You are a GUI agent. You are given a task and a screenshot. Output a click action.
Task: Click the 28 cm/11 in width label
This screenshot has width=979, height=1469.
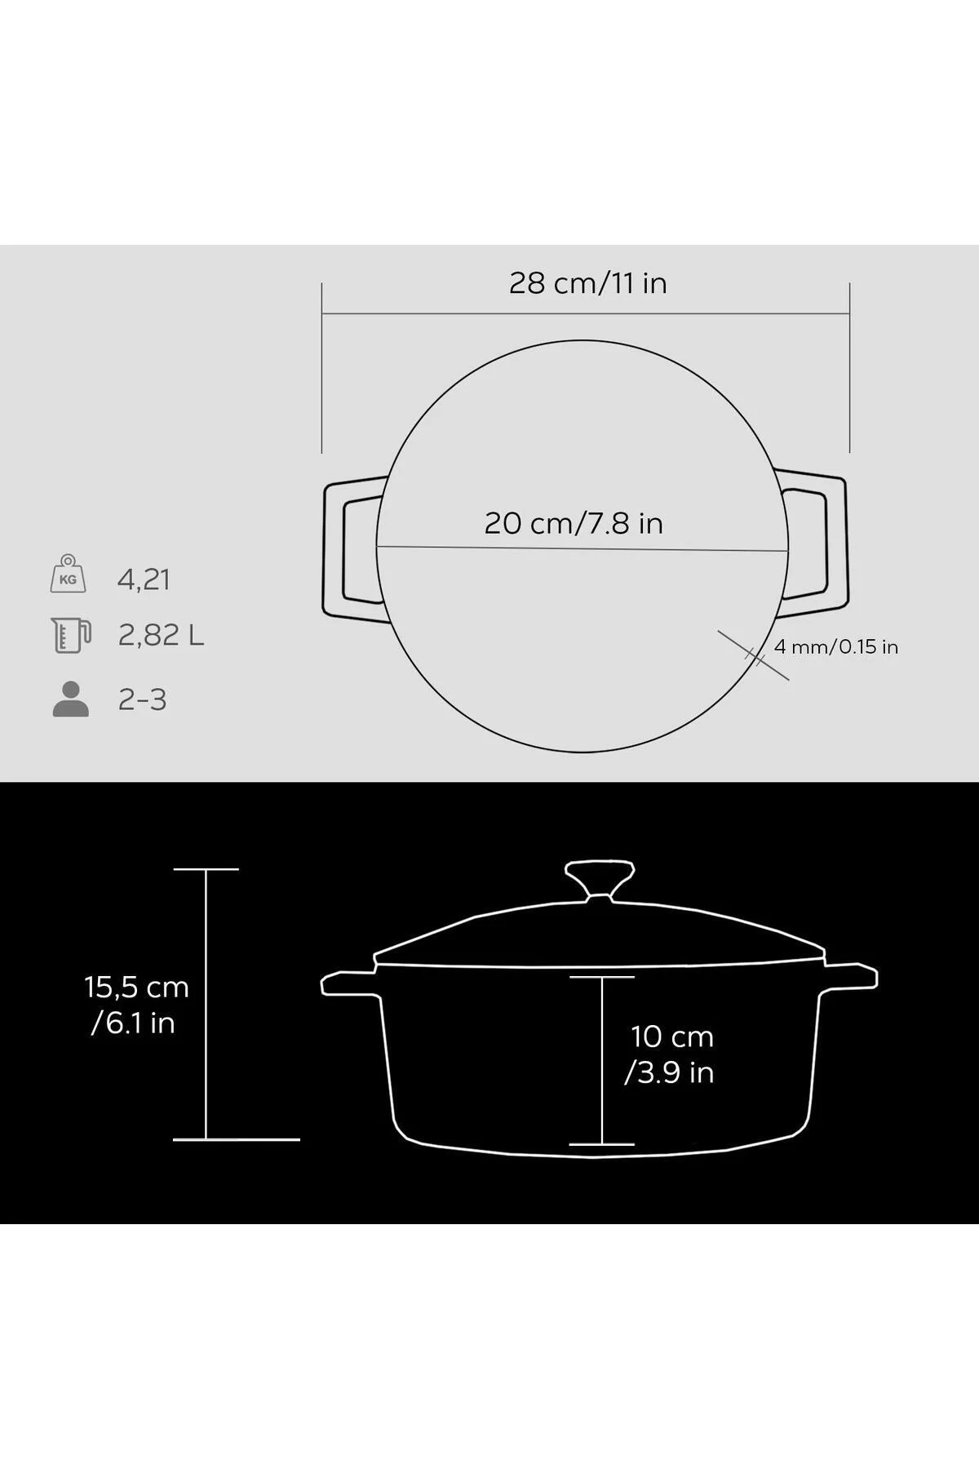tap(587, 283)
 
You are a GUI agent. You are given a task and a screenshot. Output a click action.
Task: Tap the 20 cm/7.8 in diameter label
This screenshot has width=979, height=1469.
tap(574, 523)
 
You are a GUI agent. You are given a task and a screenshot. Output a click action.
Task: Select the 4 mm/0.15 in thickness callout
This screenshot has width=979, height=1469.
tap(836, 647)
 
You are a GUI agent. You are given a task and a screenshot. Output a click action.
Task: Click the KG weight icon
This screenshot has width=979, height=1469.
tap(69, 574)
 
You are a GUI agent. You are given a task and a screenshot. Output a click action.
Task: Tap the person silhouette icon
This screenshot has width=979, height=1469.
tap(70, 699)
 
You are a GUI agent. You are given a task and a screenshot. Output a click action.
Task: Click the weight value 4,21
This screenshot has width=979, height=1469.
tap(144, 579)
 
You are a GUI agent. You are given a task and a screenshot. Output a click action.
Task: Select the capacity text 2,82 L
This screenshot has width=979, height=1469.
tap(161, 635)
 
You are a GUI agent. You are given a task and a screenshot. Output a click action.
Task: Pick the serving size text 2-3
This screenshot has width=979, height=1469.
tap(142, 700)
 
